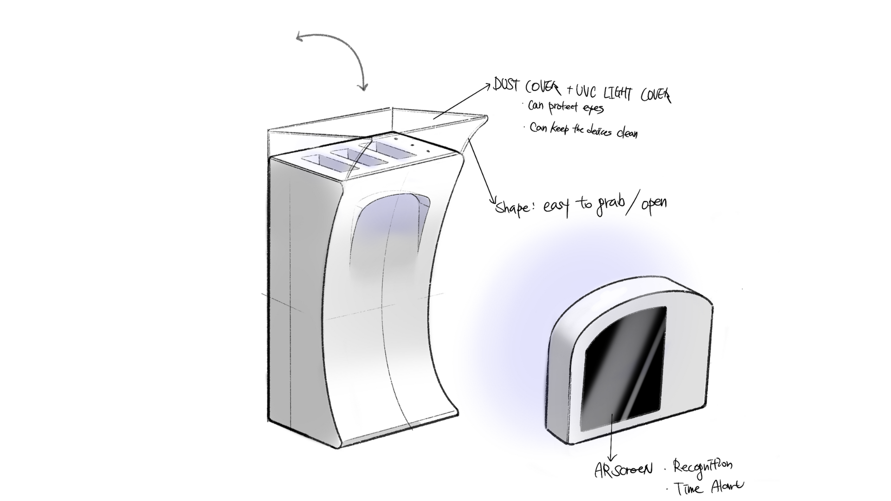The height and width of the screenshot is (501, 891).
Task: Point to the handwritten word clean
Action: [x=627, y=133]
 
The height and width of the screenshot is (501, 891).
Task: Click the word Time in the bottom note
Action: [x=689, y=488]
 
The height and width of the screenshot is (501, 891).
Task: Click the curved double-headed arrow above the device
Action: [x=339, y=51]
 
